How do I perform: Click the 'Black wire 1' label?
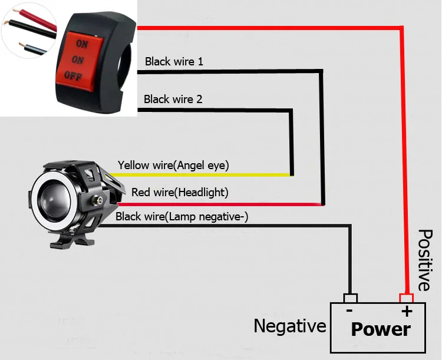coord(174,61)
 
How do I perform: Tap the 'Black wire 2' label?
coord(173,99)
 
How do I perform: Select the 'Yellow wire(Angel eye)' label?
coord(173,165)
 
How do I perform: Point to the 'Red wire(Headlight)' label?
coord(180,192)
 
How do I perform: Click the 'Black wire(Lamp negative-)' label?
coord(182,217)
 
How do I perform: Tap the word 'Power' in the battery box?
coord(381,329)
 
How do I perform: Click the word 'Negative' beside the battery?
coord(290,325)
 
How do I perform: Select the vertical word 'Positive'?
coord(424,260)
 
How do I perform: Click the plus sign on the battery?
coord(405,311)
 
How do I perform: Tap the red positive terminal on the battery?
coord(405,298)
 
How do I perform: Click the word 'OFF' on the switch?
coord(73,75)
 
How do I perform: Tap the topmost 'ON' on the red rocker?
coord(82,44)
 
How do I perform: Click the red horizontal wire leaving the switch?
coord(265,27)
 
